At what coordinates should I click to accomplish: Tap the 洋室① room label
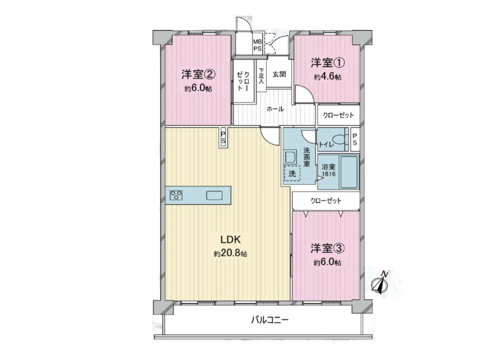[328, 63]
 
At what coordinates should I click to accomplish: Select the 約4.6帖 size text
[328, 77]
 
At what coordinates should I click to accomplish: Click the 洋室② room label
[198, 74]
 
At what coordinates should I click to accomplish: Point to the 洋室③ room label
[328, 248]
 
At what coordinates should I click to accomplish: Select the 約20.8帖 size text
[231, 253]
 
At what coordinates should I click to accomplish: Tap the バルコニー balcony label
[269, 320]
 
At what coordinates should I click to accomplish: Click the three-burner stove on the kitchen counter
[176, 196]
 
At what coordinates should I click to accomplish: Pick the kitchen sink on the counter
[214, 196]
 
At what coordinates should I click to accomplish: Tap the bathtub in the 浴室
[349, 173]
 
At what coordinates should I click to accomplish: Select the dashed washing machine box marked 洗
[292, 173]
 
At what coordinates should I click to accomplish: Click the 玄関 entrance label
[279, 74]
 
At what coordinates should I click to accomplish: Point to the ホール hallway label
[275, 109]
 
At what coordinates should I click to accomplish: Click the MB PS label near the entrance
[257, 46]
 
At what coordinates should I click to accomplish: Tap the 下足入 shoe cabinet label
[261, 76]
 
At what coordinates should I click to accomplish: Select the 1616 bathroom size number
[328, 174]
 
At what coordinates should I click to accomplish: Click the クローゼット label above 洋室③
[326, 201]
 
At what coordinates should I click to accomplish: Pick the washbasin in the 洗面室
[290, 157]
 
